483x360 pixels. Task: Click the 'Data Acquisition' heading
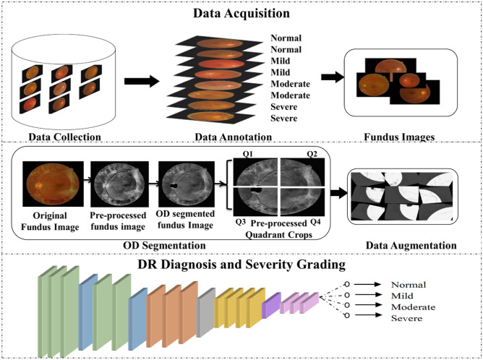coord(241,13)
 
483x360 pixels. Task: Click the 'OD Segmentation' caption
coord(153,244)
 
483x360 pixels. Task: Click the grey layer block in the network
coord(206,306)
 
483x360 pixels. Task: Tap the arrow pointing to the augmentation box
coord(336,193)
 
